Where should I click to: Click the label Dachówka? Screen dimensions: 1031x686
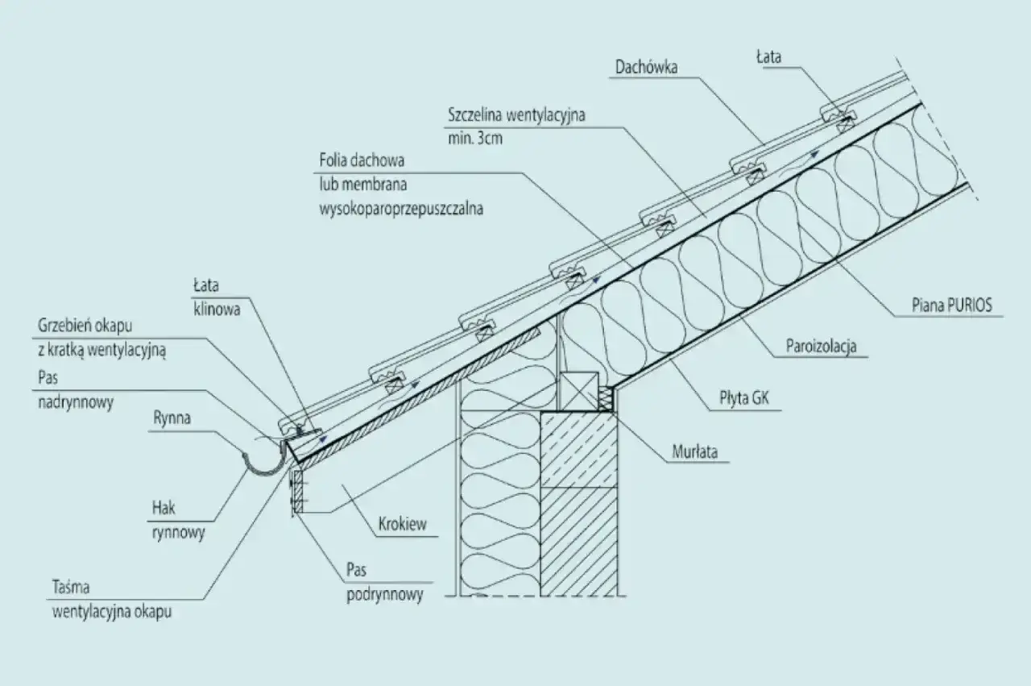646,67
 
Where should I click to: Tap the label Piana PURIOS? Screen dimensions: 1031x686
952,305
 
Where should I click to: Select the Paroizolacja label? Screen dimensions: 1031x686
821,346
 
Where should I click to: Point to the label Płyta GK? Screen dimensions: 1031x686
744,397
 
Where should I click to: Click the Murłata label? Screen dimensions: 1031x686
695,451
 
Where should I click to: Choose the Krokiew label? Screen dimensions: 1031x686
402,524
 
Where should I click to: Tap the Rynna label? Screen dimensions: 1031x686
172,418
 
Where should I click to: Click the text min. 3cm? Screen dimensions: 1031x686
475,138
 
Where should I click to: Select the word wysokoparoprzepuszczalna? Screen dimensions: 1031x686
401,209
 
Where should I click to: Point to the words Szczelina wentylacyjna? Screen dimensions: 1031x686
516,114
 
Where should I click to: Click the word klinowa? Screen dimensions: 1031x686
217,309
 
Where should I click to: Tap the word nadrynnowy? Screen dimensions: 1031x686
76,402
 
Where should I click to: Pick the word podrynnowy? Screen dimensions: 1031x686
385,594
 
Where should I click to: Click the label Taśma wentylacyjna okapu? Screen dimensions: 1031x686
112,600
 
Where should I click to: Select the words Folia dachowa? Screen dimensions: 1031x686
362,160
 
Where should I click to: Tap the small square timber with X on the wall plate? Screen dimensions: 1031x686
578,391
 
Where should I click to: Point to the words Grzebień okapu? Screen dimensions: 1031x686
85,326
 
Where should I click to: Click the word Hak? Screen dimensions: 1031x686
164,508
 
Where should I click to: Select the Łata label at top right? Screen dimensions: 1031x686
768,57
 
